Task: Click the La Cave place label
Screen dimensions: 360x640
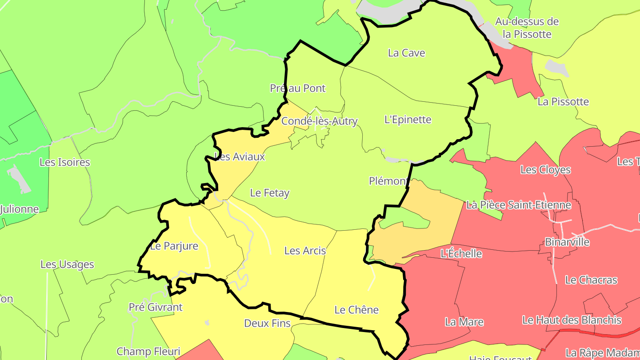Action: pos(406,53)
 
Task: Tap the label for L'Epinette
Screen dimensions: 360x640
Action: pos(408,120)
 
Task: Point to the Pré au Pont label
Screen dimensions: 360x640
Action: pos(298,88)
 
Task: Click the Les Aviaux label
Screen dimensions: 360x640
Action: pos(240,157)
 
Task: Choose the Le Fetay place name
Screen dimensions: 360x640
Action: pos(270,193)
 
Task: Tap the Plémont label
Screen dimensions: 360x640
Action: pos(388,181)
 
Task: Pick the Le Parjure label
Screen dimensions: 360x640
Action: pos(174,246)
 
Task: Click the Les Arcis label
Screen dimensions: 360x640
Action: pos(305,251)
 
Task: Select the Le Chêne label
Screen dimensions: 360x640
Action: pos(356,310)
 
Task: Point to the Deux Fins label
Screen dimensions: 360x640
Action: pos(268,324)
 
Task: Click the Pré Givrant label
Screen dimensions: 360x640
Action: pos(156,307)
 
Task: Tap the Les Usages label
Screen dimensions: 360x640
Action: pos(67,264)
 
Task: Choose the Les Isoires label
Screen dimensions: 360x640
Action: pos(65,162)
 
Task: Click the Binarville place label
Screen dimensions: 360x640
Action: pos(567,242)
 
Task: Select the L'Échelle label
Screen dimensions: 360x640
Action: pos(461,253)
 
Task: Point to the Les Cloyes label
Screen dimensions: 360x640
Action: pos(545,170)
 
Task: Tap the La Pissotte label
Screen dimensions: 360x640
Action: pos(563,102)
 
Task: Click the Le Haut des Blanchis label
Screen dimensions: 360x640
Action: pos(572,320)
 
